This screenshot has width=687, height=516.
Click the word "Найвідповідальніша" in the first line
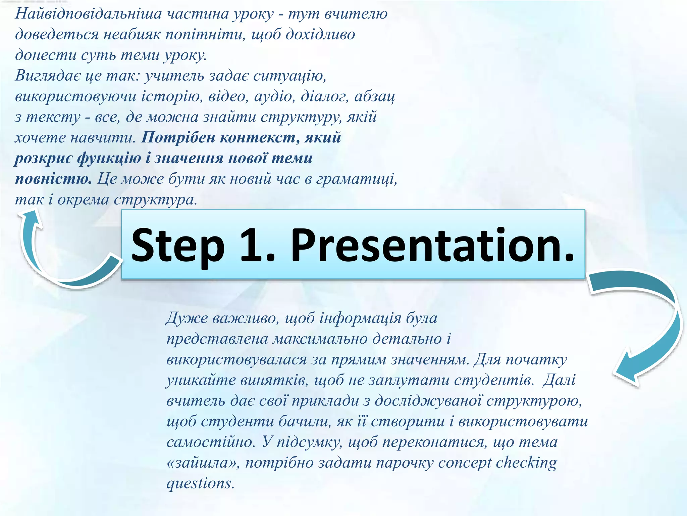tap(89, 14)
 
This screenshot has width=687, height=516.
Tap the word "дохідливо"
tap(320, 35)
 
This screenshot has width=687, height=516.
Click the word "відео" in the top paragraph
tap(228, 97)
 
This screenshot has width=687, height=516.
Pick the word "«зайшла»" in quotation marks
tap(203, 463)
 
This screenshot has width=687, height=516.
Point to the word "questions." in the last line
tap(200, 484)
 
